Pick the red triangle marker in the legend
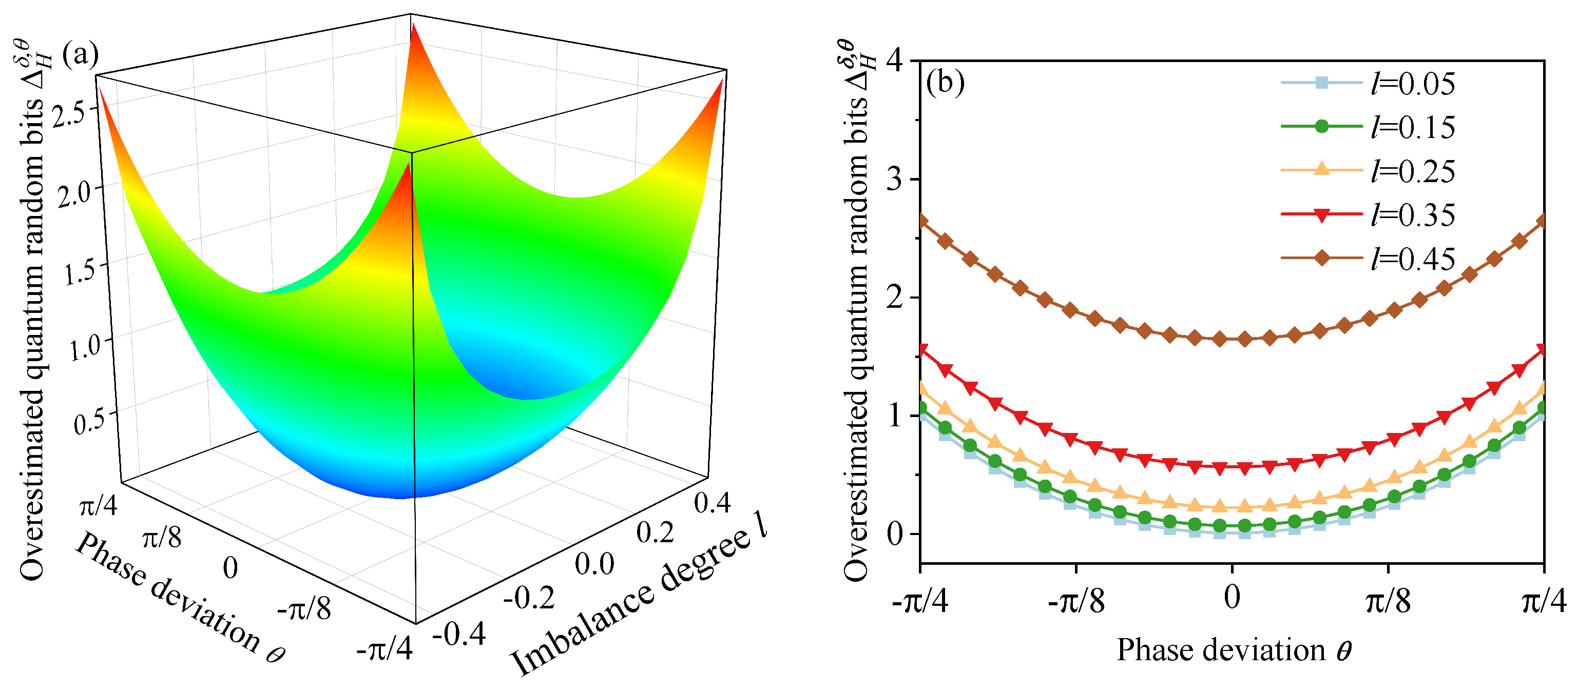tap(1322, 215)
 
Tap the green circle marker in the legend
tap(1322, 127)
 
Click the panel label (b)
tap(945, 82)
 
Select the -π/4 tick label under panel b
tap(919, 601)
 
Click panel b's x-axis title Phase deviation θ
tap(1233, 650)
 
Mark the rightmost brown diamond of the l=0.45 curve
tap(1542, 222)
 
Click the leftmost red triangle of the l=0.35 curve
tap(921, 350)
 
